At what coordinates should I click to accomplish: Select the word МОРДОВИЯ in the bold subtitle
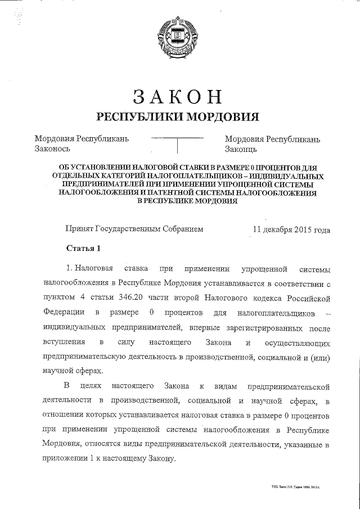click(x=219, y=117)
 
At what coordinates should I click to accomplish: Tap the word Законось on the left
click(x=52, y=150)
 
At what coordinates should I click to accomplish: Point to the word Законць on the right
click(x=241, y=150)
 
